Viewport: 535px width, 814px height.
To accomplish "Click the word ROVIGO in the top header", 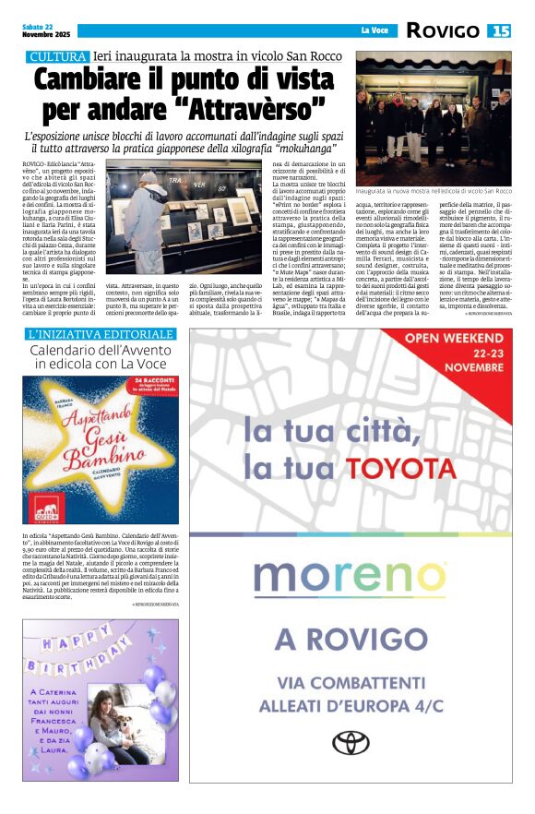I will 442,31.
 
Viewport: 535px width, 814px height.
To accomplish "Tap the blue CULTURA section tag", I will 57,57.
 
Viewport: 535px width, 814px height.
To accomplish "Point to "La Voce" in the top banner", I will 374,32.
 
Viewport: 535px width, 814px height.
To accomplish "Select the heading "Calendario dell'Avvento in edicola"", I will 101,357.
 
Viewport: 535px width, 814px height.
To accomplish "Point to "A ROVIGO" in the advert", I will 351,637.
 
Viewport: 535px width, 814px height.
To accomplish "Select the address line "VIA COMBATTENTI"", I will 351,683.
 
